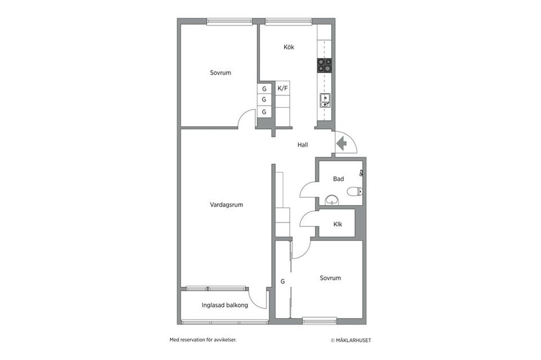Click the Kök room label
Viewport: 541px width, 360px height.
(289, 47)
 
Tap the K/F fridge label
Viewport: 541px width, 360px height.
(282, 88)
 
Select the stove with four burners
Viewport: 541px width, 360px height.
(324, 65)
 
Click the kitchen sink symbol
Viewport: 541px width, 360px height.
(325, 100)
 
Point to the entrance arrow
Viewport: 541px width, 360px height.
(341, 144)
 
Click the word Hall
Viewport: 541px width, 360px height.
(303, 145)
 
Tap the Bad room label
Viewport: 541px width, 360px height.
(338, 179)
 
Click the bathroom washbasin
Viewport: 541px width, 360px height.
(332, 200)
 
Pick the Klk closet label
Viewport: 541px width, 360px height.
(338, 224)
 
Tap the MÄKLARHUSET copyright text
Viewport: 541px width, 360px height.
(351, 340)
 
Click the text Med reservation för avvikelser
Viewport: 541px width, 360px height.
(203, 340)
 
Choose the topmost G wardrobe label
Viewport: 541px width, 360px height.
(264, 89)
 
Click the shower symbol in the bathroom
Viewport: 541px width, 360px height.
(361, 173)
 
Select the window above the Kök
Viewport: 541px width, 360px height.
(289, 21)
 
